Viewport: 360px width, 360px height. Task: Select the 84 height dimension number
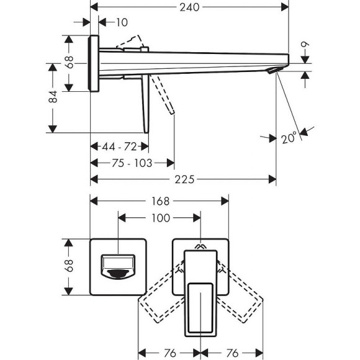pos(53,96)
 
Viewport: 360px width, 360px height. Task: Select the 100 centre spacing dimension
pos(160,218)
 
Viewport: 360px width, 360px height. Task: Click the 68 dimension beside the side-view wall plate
pos(70,63)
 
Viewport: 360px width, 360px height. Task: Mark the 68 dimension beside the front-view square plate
pos(70,266)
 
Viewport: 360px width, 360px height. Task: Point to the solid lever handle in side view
pos(146,102)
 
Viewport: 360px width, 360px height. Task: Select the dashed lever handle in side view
pos(163,96)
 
